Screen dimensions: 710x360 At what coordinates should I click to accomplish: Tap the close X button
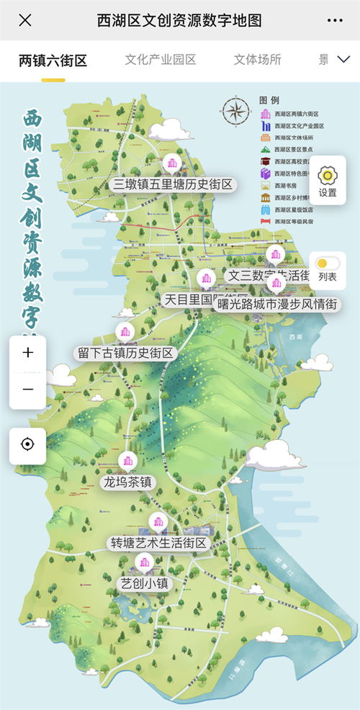[25, 19]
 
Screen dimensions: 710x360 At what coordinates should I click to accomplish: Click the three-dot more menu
[334, 19]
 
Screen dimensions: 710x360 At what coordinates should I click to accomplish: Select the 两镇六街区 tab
[53, 60]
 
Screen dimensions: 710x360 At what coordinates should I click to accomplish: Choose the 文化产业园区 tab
[160, 60]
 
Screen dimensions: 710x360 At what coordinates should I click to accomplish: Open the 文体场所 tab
[257, 60]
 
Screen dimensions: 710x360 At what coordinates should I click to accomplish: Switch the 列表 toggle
[327, 265]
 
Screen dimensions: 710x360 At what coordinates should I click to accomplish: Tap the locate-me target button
[27, 444]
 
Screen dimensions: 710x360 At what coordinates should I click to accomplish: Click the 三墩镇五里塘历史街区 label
[174, 184]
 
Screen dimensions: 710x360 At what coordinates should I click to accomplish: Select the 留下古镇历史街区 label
[126, 353]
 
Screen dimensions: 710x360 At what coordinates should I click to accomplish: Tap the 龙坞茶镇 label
[128, 482]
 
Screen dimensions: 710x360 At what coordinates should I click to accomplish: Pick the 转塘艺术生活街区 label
[158, 542]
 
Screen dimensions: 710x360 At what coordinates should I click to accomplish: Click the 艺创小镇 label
[145, 583]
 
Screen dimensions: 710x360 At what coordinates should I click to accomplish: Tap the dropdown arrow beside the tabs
[343, 60]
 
